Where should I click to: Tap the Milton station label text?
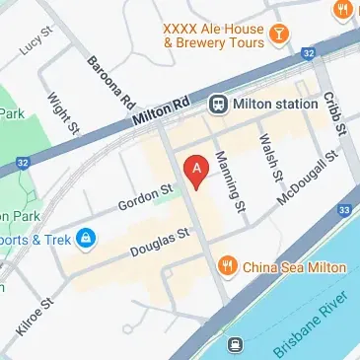pyautogui.click(x=276, y=103)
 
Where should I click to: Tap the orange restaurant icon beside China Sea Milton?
pyautogui.click(x=228, y=266)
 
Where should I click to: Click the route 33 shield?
pyautogui.click(x=344, y=209)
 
